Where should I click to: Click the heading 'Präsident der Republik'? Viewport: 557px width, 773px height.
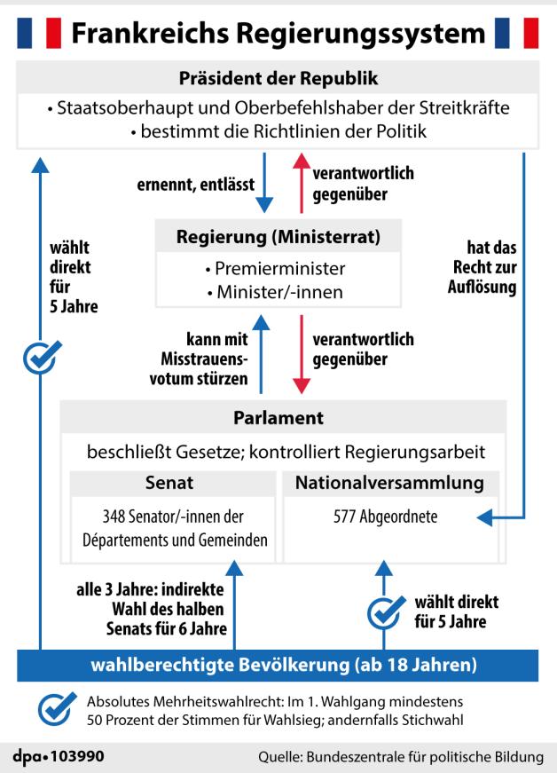pos(278,79)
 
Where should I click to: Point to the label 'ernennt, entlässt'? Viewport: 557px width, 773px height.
pos(195,185)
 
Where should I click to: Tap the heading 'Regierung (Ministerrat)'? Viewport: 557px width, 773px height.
pos(278,238)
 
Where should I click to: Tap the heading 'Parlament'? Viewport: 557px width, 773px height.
pos(278,417)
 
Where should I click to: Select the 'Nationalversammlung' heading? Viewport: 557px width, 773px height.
pos(389,484)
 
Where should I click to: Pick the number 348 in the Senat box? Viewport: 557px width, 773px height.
pos(115,517)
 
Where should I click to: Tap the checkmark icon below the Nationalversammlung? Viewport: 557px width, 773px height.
pos(384,611)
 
